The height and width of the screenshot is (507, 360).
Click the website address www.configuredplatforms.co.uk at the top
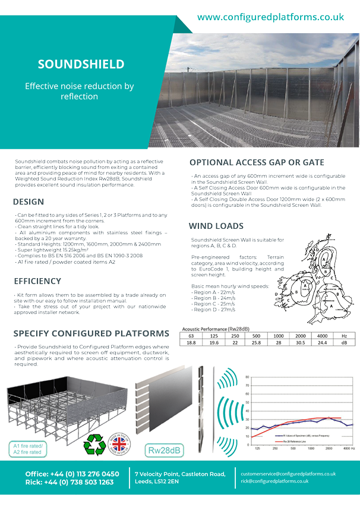click(270, 17)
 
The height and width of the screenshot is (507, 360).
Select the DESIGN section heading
click(29, 201)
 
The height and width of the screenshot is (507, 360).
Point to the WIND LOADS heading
click(216, 226)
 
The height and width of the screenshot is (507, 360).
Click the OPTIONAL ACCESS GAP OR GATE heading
click(257, 162)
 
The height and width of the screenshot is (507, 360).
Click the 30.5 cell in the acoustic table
click(301, 342)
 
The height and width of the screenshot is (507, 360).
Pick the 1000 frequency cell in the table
click(279, 335)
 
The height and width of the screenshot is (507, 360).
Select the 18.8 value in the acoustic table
click(191, 342)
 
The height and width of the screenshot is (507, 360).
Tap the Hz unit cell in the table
click(345, 335)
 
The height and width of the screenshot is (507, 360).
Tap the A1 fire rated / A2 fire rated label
click(27, 448)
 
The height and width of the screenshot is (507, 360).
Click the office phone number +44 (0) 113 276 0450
click(72, 474)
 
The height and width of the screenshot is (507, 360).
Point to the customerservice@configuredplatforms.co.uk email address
click(288, 474)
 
